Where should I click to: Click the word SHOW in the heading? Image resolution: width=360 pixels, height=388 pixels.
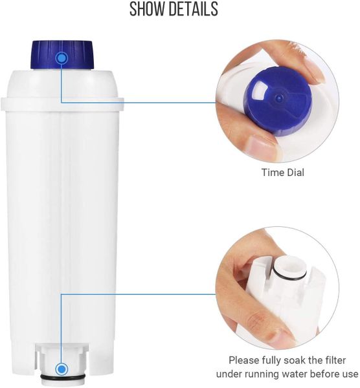[146, 9]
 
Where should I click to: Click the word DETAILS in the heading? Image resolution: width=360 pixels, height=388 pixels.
[192, 9]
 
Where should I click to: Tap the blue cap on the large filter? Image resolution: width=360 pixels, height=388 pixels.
[62, 54]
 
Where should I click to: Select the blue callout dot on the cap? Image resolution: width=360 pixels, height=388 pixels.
[62, 58]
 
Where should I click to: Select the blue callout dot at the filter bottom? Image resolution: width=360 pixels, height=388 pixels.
[62, 369]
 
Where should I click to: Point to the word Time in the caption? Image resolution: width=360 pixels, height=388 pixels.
[271, 173]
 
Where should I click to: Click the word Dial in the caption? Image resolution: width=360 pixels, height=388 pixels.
[294, 173]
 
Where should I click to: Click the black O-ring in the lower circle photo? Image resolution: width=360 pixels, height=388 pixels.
[289, 275]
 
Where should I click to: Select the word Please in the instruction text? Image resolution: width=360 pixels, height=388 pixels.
[244, 360]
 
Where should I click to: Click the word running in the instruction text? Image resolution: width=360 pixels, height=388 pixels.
[262, 374]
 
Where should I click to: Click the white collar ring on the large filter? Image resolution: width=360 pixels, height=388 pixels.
[62, 104]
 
